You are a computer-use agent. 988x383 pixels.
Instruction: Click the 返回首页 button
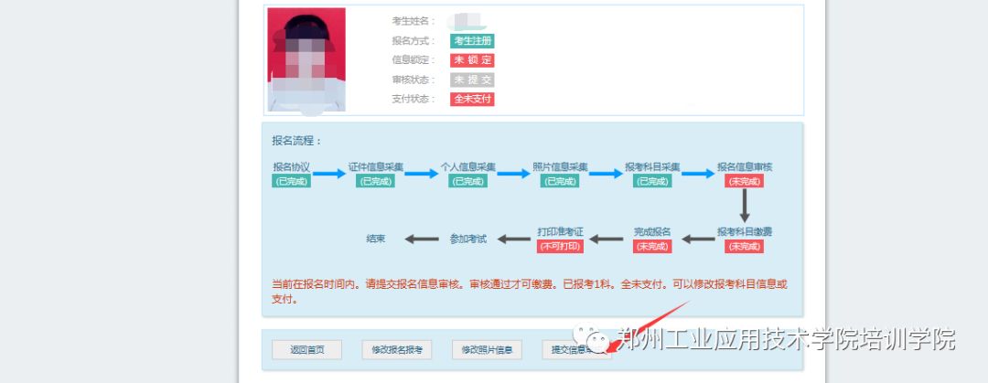coord(306,349)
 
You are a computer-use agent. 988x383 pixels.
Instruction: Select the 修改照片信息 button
coord(487,349)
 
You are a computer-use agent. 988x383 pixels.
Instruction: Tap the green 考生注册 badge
coord(472,41)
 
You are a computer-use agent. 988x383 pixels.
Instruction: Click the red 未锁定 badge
coord(472,60)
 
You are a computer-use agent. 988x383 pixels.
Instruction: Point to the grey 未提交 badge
coord(472,80)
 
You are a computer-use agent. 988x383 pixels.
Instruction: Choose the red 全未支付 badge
coord(472,99)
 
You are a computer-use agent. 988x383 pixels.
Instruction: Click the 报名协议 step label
coord(292,167)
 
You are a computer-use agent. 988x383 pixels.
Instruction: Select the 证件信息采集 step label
coord(376,167)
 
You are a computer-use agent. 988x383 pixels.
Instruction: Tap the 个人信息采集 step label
coord(467,167)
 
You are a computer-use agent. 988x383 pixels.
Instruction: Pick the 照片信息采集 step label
coord(561,167)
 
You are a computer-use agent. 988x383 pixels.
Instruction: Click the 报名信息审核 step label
coord(745,167)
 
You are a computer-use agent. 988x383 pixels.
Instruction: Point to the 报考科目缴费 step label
coord(745,231)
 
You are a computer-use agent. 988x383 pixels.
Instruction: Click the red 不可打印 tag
coord(561,246)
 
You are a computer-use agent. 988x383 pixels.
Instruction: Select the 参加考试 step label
coord(467,239)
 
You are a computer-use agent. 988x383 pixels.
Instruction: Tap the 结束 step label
coord(376,239)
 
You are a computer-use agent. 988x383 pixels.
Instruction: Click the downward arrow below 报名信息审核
coord(745,206)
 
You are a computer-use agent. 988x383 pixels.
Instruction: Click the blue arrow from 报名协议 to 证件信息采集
coord(329,174)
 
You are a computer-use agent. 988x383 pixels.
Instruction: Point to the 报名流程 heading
coord(297,142)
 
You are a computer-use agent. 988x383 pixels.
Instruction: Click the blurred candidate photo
coord(306,59)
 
